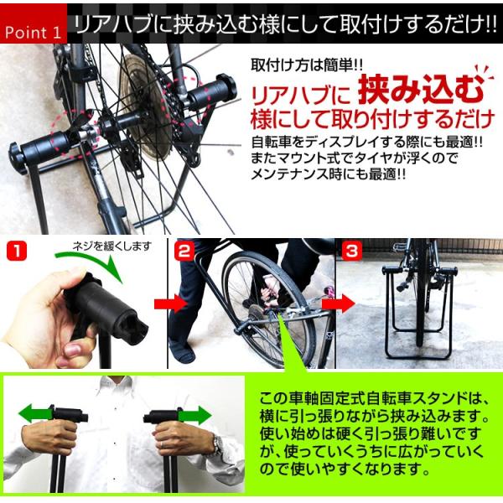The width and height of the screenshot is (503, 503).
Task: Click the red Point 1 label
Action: coord(34,23)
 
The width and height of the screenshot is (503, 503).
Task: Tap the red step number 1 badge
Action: coord(17,251)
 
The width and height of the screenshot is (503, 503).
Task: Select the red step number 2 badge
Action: coord(184,251)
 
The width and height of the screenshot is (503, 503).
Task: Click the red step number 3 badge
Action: coord(352,251)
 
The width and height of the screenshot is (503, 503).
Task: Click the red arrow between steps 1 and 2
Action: coord(171,304)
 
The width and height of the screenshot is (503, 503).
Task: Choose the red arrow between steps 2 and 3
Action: coord(339,303)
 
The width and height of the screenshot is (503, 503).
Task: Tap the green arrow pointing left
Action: coord(36,413)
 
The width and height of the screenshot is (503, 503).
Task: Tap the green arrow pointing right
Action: coord(195,415)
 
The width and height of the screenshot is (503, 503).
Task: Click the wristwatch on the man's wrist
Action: coord(218,444)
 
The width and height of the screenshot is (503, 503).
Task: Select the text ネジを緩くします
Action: coord(112,246)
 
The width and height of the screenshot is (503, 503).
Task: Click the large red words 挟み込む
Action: coord(421,89)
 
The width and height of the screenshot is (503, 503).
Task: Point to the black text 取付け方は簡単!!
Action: coord(307,65)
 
